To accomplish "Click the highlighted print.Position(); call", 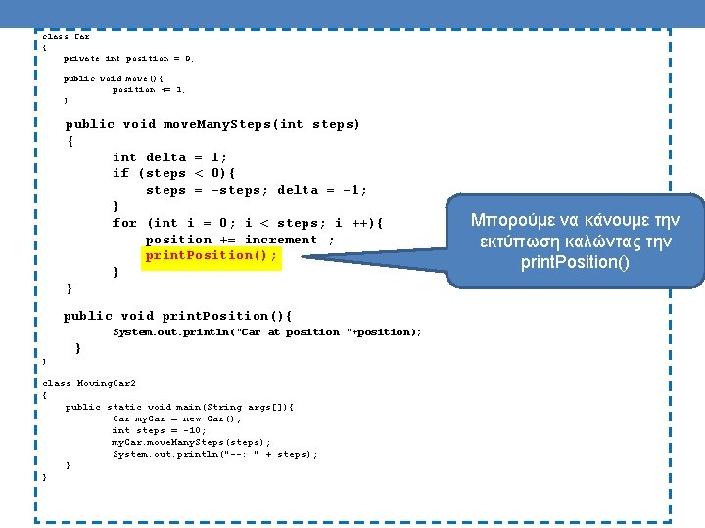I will coord(211,255).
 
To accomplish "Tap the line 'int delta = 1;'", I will coord(169,157).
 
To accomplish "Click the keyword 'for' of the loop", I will coord(124,223).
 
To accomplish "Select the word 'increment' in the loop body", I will coord(281,240).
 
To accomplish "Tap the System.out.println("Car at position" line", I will coord(266,332).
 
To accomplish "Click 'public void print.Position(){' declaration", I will coord(177,316).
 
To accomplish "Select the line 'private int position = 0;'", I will coord(129,59).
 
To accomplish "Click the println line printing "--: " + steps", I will coord(214,454).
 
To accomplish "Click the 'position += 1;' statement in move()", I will coord(149,90).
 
